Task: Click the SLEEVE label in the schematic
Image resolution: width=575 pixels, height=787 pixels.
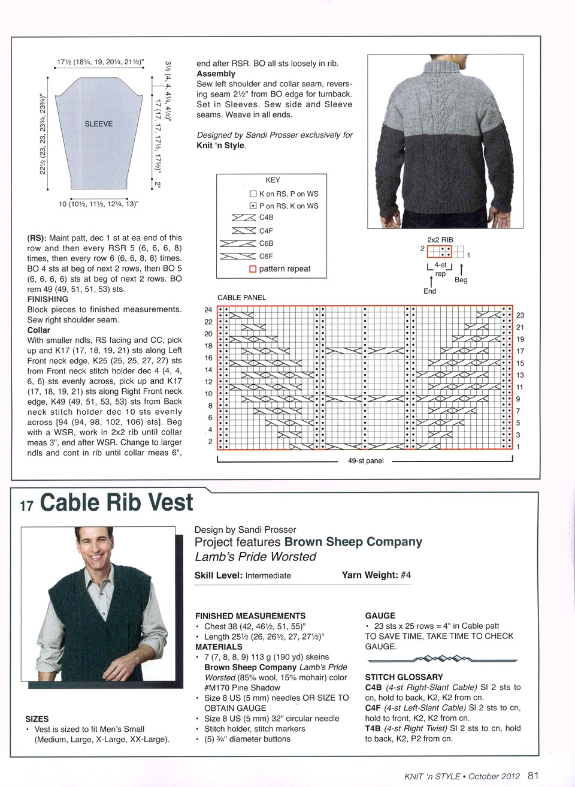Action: pos(99,124)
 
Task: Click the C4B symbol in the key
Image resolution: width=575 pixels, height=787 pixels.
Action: pos(244,218)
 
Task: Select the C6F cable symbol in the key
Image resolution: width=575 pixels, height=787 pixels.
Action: pos(238,256)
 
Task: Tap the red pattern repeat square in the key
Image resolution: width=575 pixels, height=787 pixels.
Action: pos(253,269)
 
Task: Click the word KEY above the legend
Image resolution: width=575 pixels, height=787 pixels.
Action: pos(273,180)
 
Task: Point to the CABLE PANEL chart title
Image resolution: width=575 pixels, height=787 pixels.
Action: pos(241,297)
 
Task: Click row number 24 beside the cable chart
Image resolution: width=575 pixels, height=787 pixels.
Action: pos(208,310)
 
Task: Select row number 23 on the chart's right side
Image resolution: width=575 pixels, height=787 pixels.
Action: pos(520,315)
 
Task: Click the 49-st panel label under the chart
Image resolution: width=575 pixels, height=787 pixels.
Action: pos(365,461)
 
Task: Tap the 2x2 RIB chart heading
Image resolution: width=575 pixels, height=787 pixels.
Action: pos(440,240)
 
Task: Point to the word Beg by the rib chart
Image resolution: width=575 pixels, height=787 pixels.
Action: pos(461,280)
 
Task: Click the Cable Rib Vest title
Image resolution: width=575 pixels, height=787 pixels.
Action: pos(116,502)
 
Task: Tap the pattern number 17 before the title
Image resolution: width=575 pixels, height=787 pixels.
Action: pos(26,506)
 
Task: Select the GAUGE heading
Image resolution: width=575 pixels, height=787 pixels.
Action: pos(380,616)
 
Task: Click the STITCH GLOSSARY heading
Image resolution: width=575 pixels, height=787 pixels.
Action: pos(404,677)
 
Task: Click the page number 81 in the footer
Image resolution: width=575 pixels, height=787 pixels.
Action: pos(533,776)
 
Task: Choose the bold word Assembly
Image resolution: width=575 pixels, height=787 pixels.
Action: pos(216,74)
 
